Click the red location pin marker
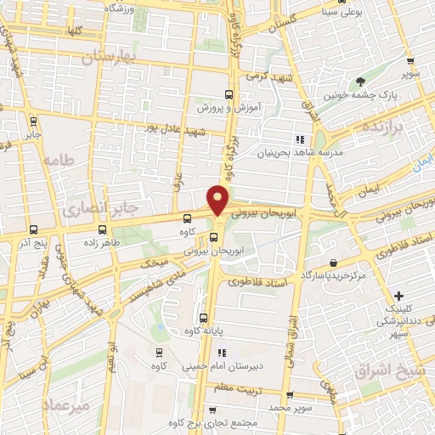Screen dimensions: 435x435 coord(218,200)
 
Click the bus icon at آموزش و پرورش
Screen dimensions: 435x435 coord(228,94)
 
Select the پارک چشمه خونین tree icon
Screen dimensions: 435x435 coord(361,82)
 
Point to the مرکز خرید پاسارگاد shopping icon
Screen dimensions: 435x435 coord(333,263)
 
